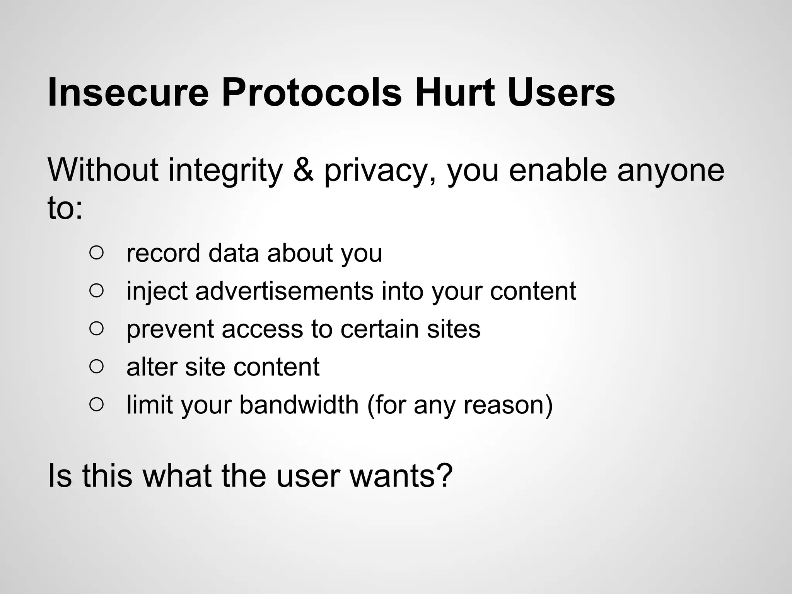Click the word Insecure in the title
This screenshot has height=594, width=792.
click(128, 93)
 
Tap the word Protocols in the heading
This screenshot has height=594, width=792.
click(312, 93)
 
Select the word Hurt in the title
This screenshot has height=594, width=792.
click(454, 93)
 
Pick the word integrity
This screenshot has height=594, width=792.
click(225, 171)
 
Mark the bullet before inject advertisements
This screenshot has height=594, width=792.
click(96, 291)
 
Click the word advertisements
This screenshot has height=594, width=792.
click(284, 291)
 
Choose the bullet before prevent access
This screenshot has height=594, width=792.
click(96, 329)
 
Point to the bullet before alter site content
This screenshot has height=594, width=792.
click(96, 367)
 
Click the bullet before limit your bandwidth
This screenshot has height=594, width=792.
click(96, 405)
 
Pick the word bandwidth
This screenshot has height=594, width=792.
click(299, 405)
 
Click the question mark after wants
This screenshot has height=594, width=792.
click(445, 476)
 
